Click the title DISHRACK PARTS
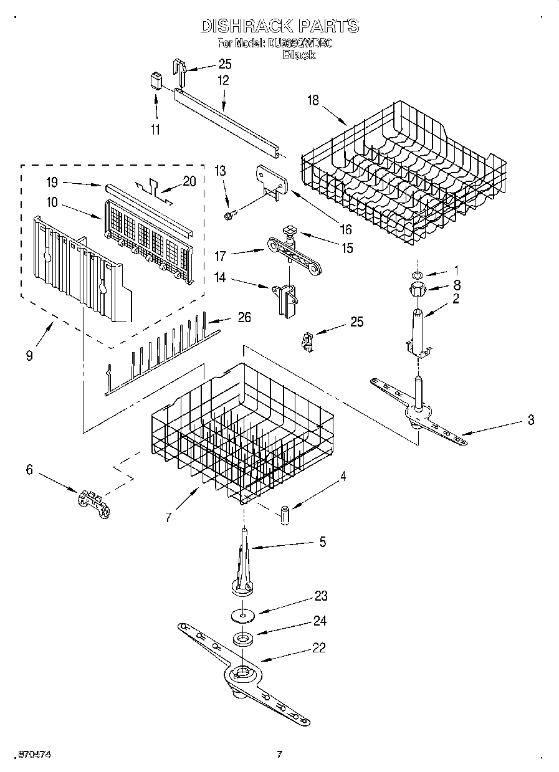(x=279, y=26)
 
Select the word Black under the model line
(x=299, y=55)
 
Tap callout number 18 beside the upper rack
(x=313, y=100)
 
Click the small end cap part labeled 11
(x=156, y=81)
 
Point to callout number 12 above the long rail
(x=222, y=80)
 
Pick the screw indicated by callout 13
(x=229, y=215)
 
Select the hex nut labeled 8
(x=418, y=289)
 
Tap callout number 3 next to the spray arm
(x=530, y=420)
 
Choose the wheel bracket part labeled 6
(x=93, y=501)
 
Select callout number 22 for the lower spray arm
(x=318, y=647)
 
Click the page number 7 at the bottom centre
(x=279, y=755)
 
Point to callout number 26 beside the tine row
(x=244, y=317)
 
